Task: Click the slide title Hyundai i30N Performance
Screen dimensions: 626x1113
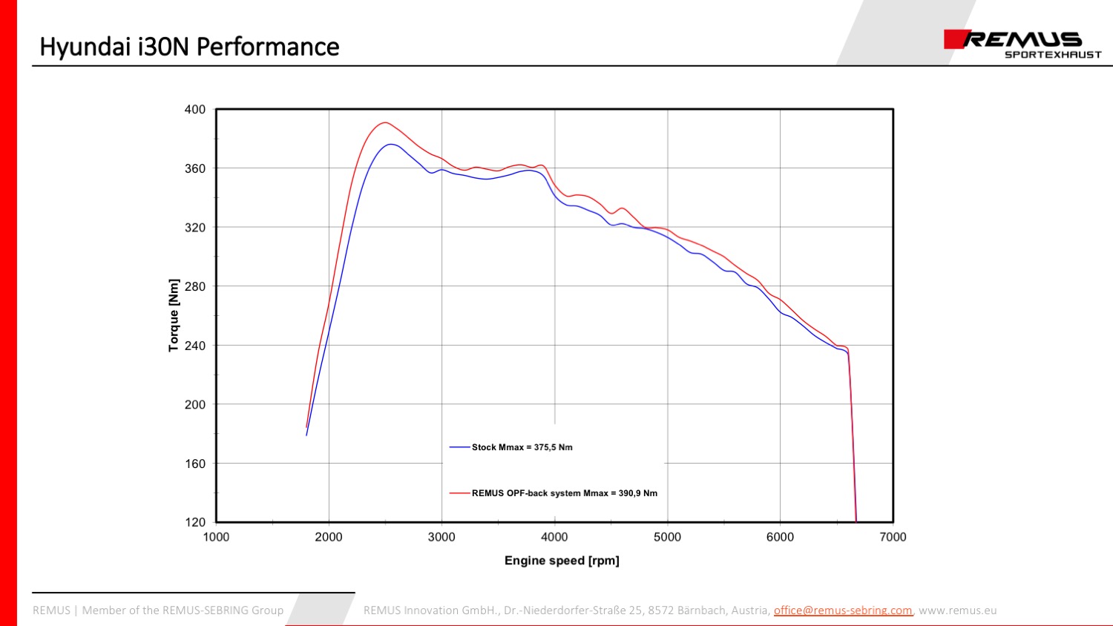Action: click(x=189, y=47)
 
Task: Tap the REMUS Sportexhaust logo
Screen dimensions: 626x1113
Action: click(x=1022, y=44)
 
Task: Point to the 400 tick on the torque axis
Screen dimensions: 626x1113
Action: click(x=195, y=110)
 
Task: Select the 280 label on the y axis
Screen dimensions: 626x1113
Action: click(x=195, y=286)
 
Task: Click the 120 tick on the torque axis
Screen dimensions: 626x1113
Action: click(x=195, y=522)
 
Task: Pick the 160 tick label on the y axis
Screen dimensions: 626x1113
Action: click(x=195, y=464)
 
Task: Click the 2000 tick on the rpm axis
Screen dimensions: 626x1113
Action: click(x=329, y=537)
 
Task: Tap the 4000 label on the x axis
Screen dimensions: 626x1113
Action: click(x=554, y=537)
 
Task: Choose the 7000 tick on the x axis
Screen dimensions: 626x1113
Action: click(x=893, y=537)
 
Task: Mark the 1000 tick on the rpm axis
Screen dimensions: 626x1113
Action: click(x=216, y=537)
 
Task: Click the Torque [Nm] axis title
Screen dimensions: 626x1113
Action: click(x=174, y=315)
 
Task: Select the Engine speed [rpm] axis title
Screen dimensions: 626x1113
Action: click(x=562, y=561)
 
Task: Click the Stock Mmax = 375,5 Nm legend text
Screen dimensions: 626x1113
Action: click(x=522, y=447)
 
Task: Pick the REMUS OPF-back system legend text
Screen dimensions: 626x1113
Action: click(x=564, y=493)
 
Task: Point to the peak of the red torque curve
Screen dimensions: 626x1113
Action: click(x=384, y=122)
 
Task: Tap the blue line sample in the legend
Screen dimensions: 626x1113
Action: click(x=459, y=447)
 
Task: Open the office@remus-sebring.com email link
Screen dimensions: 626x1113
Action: click(x=842, y=610)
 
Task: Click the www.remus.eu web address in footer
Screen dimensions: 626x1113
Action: click(x=957, y=610)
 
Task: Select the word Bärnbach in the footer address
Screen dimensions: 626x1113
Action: click(x=701, y=610)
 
